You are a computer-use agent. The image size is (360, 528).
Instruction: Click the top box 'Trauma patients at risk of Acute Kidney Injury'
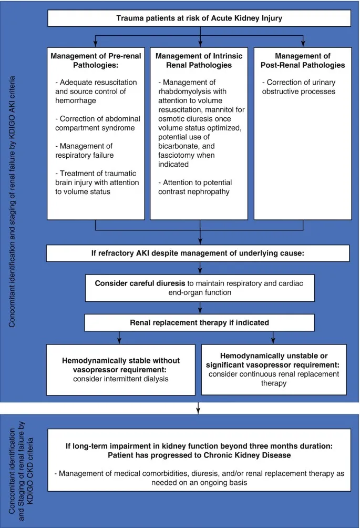199,19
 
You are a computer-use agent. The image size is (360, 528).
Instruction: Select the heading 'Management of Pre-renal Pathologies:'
96,60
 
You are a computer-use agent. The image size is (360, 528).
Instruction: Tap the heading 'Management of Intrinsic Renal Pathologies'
199,60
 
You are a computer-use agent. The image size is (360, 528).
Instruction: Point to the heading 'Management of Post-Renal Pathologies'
302,60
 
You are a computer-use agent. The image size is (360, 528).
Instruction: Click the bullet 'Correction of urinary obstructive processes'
301,87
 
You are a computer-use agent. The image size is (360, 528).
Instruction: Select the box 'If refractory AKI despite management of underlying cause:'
198,253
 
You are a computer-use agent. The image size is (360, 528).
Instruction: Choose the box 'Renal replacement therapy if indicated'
199,322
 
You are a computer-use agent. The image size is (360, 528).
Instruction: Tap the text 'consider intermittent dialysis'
120,379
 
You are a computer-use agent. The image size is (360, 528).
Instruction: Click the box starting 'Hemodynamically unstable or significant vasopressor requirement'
274,369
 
